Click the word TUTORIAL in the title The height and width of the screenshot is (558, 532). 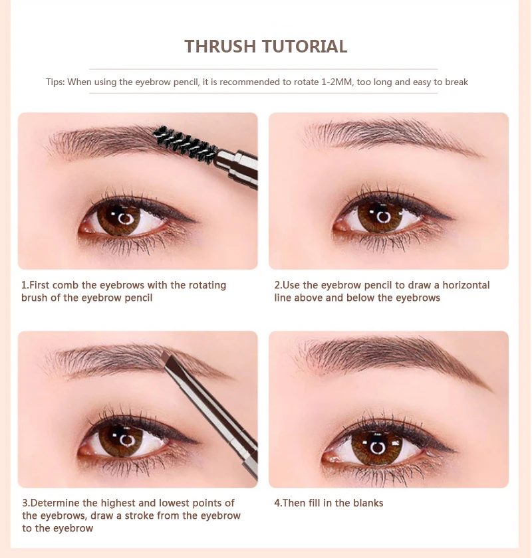[x=305, y=46]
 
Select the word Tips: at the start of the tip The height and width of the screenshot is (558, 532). [x=55, y=82]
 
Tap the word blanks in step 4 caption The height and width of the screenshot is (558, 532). [x=368, y=503]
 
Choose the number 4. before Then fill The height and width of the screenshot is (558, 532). [x=278, y=503]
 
